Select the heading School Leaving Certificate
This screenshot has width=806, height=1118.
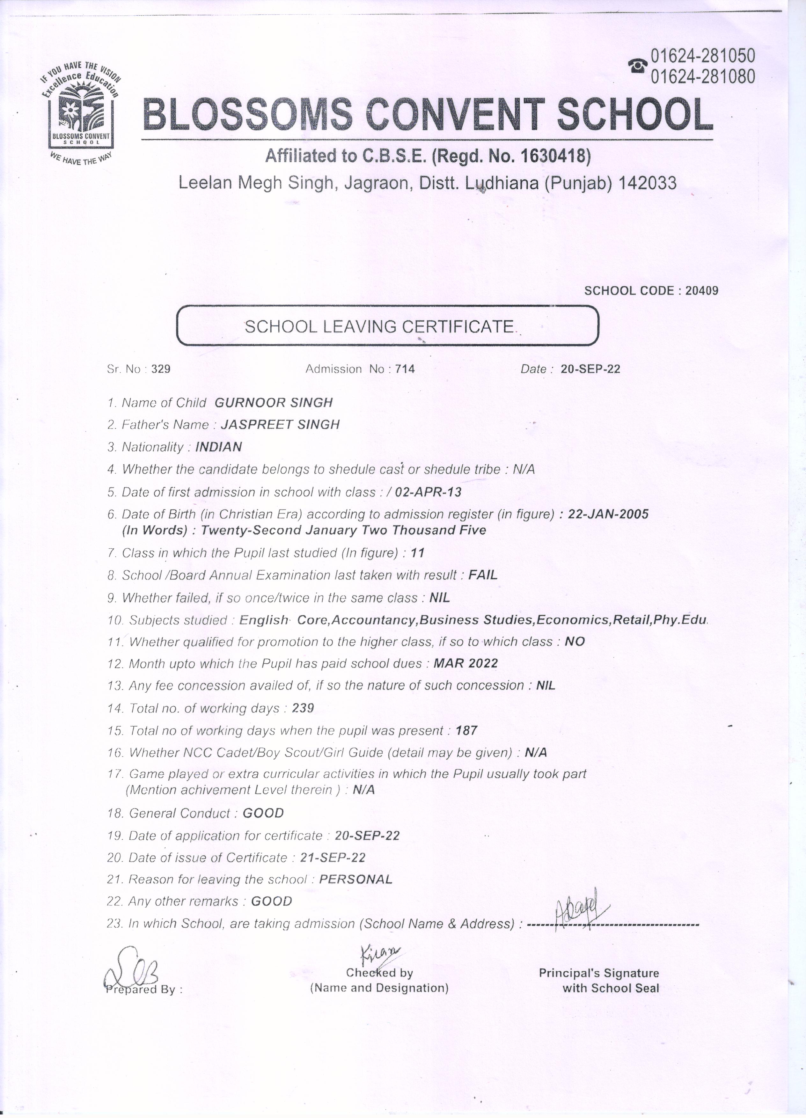tap(380, 326)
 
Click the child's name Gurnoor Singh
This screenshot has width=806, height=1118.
tap(274, 403)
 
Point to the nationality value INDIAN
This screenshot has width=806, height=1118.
tap(219, 447)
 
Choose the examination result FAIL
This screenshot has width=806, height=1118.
tap(483, 575)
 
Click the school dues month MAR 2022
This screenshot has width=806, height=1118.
tap(466, 663)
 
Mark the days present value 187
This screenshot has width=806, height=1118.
tap(467, 731)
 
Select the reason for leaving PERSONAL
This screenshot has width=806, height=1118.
tap(356, 880)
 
